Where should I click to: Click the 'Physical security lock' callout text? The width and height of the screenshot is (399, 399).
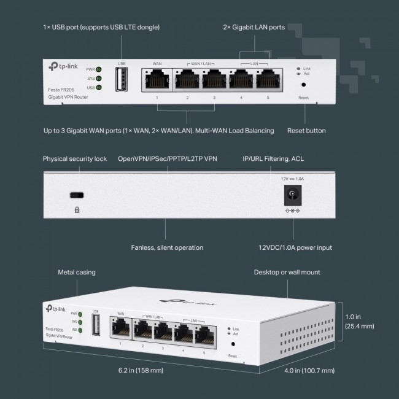pos(74,159)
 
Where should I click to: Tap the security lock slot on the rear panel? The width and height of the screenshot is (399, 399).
pos(77,196)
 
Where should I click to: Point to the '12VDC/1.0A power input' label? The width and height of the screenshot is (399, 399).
pos(295,248)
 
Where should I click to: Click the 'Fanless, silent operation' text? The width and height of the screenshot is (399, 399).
pos(167,248)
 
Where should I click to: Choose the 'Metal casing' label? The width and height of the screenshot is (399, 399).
pos(77,272)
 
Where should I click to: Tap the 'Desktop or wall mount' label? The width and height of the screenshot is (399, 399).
pos(287,272)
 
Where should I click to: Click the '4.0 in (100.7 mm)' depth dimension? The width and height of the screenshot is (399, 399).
pos(311,371)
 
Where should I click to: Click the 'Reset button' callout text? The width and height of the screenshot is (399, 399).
pos(306,131)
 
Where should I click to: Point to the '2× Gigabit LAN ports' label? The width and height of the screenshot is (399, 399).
pos(253,28)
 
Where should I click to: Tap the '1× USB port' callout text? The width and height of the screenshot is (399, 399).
pos(101,28)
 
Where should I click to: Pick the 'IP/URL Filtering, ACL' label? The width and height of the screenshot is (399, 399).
pos(273,159)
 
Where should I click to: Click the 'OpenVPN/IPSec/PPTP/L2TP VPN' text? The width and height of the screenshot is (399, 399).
pos(167,159)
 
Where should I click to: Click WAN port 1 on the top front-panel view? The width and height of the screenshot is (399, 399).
pos(157,79)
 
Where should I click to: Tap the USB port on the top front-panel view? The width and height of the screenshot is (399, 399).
pos(122,79)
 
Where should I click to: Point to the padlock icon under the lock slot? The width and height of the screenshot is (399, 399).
pos(77,209)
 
